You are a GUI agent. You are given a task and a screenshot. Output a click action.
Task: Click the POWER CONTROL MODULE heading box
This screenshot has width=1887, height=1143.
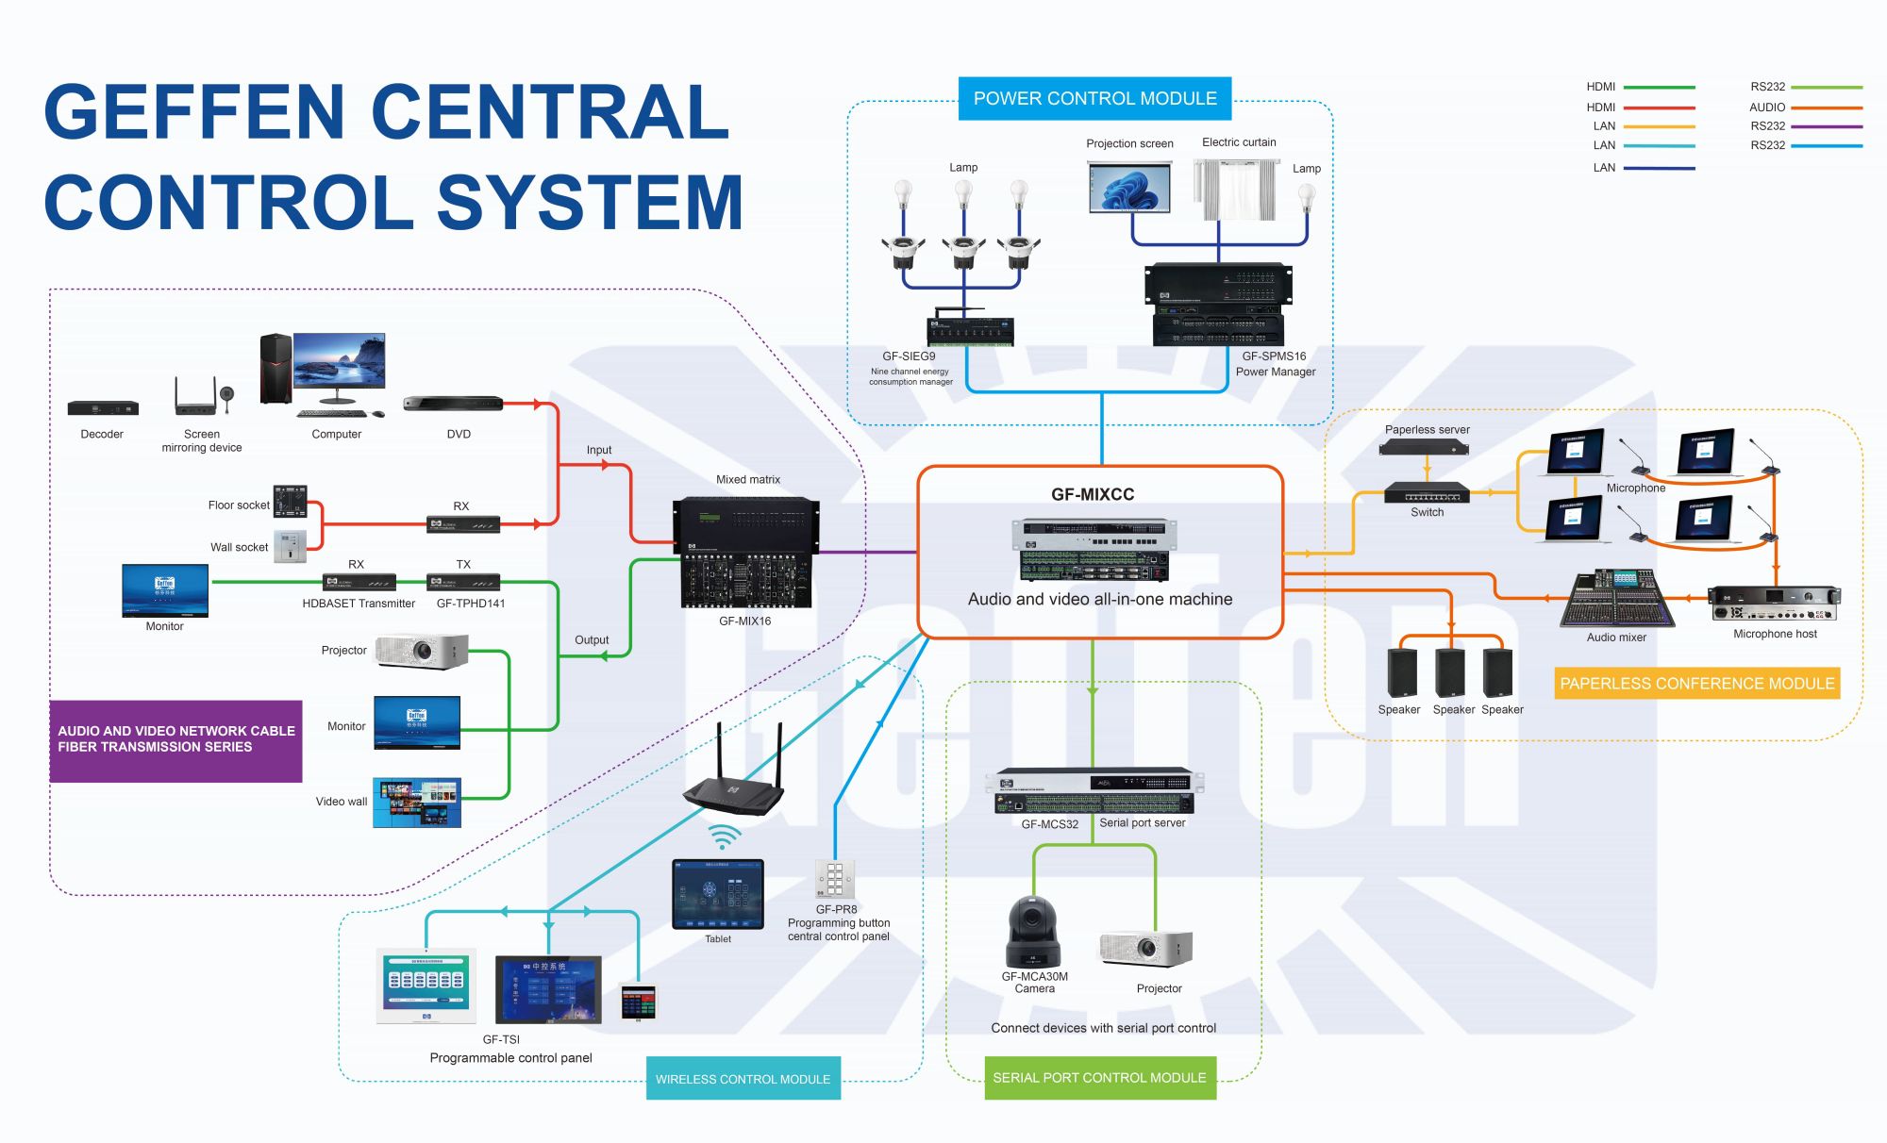click(x=1094, y=98)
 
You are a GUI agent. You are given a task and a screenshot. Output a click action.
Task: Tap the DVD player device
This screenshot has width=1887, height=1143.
click(x=453, y=404)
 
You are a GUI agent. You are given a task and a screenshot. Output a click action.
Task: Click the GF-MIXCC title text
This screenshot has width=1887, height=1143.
click(x=1093, y=494)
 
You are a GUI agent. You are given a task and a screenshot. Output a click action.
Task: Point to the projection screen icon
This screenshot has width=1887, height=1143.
click(x=1129, y=187)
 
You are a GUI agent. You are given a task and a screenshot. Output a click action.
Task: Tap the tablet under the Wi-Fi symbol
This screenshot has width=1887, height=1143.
click(x=717, y=893)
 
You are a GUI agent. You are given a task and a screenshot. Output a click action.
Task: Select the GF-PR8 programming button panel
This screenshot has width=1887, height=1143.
click(x=835, y=880)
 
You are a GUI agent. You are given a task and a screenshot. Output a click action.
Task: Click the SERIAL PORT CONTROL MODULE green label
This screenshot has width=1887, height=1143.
click(x=1099, y=1077)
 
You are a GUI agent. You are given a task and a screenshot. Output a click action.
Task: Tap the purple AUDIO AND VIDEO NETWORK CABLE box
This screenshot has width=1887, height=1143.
click(x=176, y=740)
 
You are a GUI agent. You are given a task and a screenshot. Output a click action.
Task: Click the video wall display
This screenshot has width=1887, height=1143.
click(x=417, y=803)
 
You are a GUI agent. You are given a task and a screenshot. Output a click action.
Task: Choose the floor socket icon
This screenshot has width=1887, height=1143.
click(x=290, y=502)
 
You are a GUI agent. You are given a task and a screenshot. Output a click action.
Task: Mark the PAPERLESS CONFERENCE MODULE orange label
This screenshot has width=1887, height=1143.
click(x=1696, y=683)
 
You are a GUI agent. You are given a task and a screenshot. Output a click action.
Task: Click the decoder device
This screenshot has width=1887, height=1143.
click(x=103, y=408)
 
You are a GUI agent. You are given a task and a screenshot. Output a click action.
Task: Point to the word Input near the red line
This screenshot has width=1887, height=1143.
click(x=598, y=450)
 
